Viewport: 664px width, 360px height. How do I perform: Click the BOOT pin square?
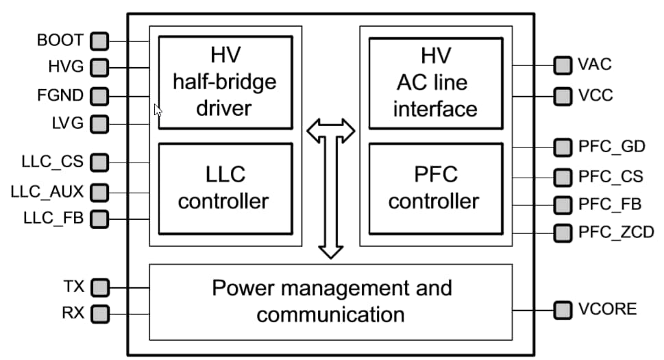[x=100, y=40]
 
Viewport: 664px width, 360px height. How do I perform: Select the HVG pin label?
[x=66, y=68]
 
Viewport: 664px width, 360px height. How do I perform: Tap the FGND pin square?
[x=100, y=96]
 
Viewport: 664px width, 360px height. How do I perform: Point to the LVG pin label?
[x=67, y=124]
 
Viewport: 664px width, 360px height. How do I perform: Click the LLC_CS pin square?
[x=100, y=163]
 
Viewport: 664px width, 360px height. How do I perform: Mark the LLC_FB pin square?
[x=100, y=219]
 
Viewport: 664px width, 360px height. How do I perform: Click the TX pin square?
[x=100, y=286]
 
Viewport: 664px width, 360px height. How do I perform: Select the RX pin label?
[x=73, y=314]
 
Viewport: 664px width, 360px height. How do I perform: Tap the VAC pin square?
[x=563, y=66]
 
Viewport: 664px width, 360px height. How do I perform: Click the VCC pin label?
[x=595, y=95]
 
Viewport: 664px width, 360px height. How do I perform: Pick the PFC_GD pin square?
[x=563, y=147]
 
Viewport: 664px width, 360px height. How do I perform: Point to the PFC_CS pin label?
[x=611, y=176]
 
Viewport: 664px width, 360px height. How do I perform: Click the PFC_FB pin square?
[x=563, y=204]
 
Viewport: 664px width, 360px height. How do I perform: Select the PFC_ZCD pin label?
[x=616, y=232]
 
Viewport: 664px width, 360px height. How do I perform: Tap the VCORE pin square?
[x=563, y=309]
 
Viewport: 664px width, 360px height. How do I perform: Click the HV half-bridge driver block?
[x=225, y=82]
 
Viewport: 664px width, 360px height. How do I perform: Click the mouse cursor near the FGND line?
[x=158, y=110]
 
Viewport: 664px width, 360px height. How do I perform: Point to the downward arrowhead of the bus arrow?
[x=331, y=250]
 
